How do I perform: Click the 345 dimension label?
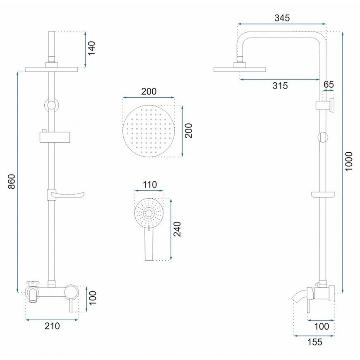pos(282,18)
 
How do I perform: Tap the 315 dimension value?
pos(280,86)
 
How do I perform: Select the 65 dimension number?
pos(329,84)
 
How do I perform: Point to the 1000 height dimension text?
pos(348,161)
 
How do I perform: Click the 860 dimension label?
pos(12,181)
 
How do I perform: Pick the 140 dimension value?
pos(91,48)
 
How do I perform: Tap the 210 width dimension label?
pos(52,326)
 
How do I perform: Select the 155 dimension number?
pos(315,342)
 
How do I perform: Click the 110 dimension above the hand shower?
pos(150,185)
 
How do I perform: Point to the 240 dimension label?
pos(177,229)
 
